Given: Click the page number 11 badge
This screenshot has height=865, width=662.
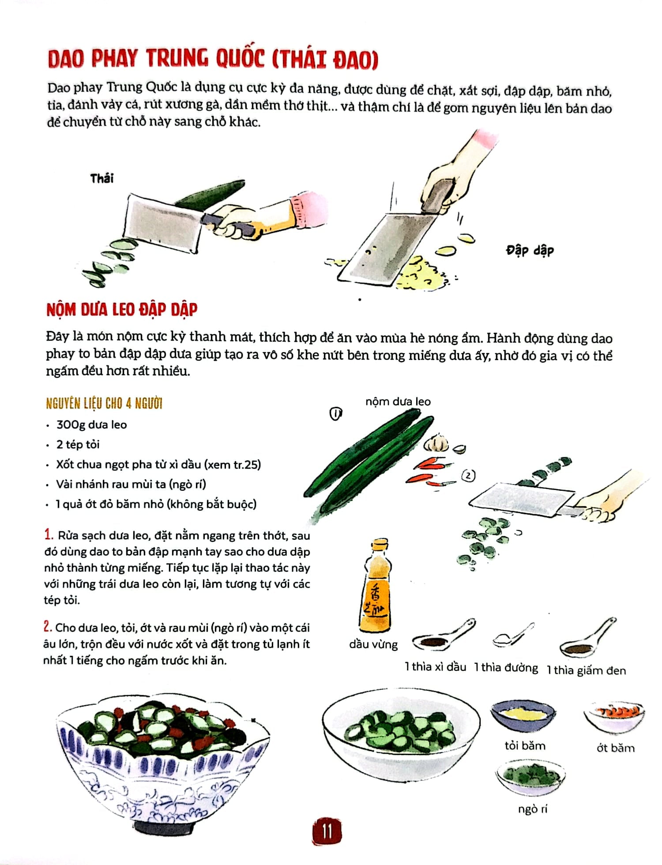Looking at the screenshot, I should pyautogui.click(x=327, y=831).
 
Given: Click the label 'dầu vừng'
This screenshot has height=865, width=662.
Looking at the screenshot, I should pyautogui.click(x=373, y=644).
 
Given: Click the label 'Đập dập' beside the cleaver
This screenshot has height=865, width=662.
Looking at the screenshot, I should pyautogui.click(x=529, y=250).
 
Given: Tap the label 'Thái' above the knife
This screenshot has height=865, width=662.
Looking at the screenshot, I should pyautogui.click(x=102, y=178).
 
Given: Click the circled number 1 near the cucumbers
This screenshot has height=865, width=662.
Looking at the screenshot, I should pyautogui.click(x=336, y=414).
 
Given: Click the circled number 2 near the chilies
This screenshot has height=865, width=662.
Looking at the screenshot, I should pyautogui.click(x=468, y=476).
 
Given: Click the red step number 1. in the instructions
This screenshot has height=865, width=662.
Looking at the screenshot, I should pyautogui.click(x=49, y=535).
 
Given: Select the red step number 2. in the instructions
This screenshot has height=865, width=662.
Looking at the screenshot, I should pyautogui.click(x=48, y=627).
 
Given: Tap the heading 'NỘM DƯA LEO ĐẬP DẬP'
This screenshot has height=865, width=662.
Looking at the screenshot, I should pyautogui.click(x=122, y=310).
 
